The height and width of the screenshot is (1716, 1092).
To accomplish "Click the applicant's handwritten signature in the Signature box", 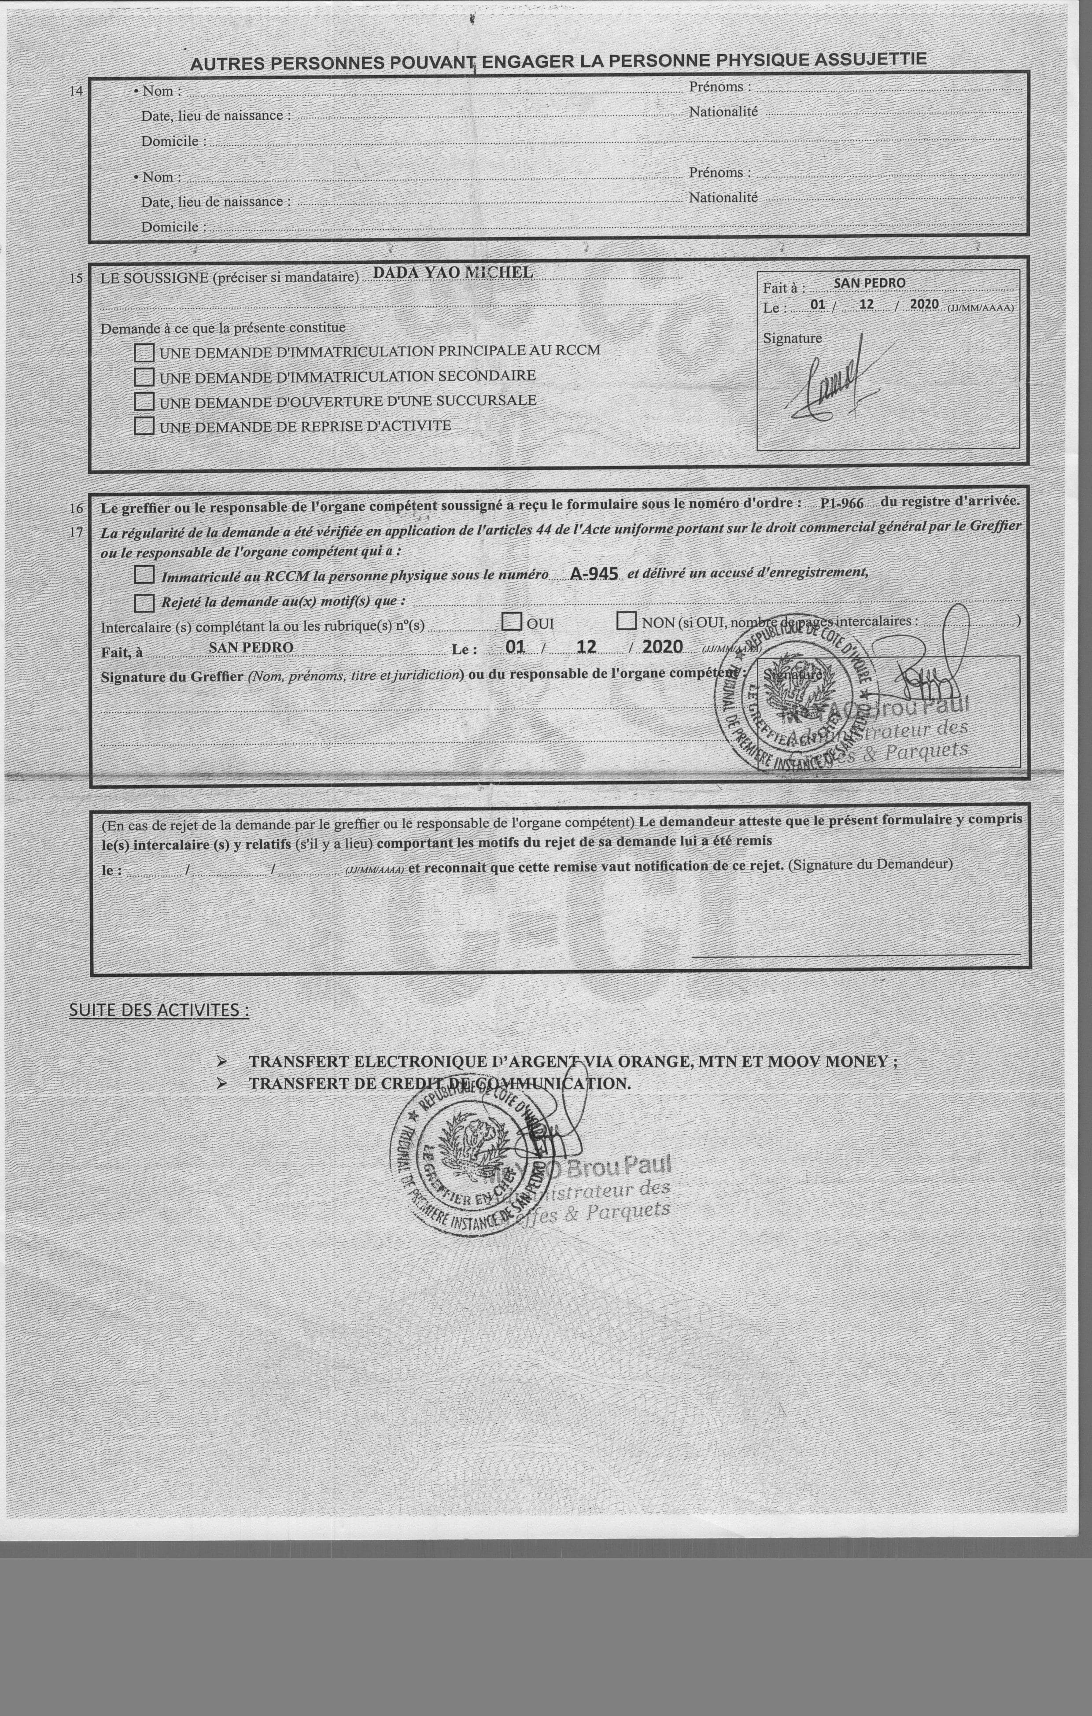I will (834, 381).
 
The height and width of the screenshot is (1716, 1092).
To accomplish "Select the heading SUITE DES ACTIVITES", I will (159, 1010).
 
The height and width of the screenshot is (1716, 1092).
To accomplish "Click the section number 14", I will (76, 91).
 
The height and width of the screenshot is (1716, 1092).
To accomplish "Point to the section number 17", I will (76, 531).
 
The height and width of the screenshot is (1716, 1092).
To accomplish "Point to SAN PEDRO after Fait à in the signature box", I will (869, 283).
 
